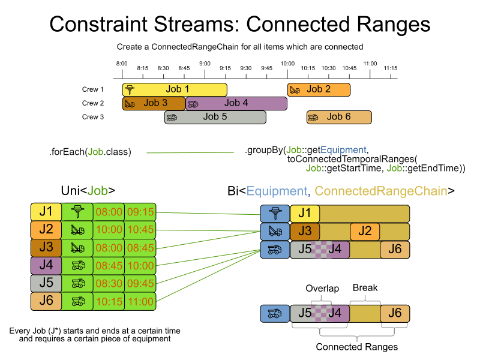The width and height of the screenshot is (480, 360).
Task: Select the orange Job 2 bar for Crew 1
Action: click(x=319, y=89)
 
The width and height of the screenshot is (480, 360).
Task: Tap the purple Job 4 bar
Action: click(x=236, y=103)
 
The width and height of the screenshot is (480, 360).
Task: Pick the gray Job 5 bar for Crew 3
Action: click(x=215, y=117)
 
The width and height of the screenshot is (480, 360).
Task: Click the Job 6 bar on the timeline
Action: click(x=339, y=117)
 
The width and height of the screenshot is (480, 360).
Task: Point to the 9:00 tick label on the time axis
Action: click(x=205, y=63)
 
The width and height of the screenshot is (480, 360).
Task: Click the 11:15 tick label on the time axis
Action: click(x=391, y=68)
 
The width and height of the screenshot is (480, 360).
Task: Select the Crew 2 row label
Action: click(x=93, y=103)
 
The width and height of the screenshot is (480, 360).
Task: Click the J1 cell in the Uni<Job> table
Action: click(x=46, y=212)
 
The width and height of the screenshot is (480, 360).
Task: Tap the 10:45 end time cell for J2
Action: click(x=140, y=230)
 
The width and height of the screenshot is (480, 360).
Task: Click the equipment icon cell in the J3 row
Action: click(x=77, y=248)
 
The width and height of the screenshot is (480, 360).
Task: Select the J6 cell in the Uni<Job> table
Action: click(x=46, y=301)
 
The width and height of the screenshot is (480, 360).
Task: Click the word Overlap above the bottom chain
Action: click(x=322, y=289)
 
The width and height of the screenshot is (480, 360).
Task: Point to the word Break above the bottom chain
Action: click(x=365, y=288)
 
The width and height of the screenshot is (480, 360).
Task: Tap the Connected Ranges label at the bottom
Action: click(x=356, y=347)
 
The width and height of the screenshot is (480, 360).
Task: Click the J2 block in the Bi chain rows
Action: click(x=365, y=232)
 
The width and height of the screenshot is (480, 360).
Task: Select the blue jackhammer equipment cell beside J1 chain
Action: click(x=274, y=214)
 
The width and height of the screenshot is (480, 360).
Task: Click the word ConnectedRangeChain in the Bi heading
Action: click(x=381, y=191)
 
